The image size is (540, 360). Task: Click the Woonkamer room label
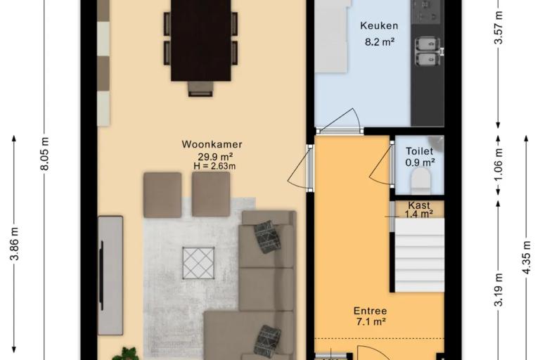point(212,144)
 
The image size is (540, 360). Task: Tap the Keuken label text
point(379,25)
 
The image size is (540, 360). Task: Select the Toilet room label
point(419,151)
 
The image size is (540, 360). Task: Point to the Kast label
point(419,205)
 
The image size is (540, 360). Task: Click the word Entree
point(371,311)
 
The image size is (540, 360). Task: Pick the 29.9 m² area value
point(215,157)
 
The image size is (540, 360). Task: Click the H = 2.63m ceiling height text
point(215,166)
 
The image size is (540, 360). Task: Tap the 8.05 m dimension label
point(45,154)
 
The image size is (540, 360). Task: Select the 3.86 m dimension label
point(15,243)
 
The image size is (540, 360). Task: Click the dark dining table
point(201,39)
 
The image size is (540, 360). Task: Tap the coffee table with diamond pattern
point(198,263)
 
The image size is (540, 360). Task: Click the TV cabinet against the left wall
point(110,275)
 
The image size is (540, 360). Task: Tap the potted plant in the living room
point(127,354)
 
